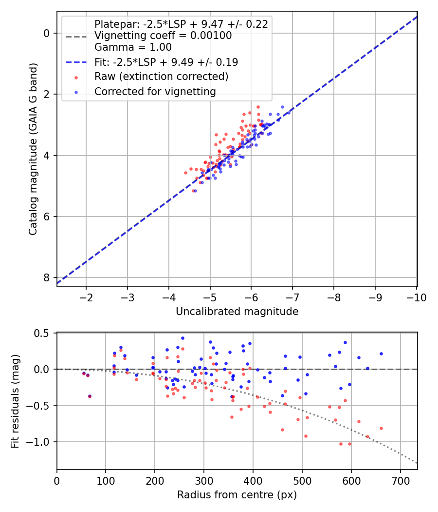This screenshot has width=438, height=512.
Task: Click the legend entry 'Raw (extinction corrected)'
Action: pos(161,77)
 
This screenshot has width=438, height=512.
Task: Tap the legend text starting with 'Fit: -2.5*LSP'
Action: pos(166,62)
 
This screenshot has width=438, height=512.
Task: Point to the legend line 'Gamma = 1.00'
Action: pos(133,47)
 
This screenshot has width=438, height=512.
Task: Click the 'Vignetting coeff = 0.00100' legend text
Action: pos(163,36)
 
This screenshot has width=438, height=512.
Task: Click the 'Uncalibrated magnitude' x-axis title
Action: pos(237,311)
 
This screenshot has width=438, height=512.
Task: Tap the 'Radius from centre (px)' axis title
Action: pos(237,495)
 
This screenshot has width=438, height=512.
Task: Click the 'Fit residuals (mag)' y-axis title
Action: pos(16,401)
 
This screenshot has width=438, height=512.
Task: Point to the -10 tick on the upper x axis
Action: pos(416,297)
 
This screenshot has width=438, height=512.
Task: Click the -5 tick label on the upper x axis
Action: pos(210,297)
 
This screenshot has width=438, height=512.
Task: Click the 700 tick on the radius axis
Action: pos(400,481)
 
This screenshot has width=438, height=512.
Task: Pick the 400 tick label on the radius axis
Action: pos(253,481)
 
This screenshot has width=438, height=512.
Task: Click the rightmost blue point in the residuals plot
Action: pos(381,354)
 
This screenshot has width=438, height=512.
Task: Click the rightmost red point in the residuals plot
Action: pos(381,428)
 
